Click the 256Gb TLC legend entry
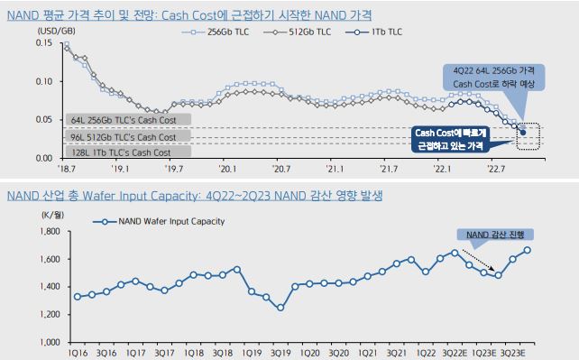pyautogui.click(x=216, y=32)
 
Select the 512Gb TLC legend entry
pyautogui.click(x=298, y=32)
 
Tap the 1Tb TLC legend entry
pyautogui.click(x=373, y=32)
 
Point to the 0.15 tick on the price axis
pyautogui.click(x=44, y=42)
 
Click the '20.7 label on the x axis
pyautogui.click(x=280, y=169)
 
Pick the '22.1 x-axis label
pyautogui.click(x=442, y=169)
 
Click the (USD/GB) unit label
pyautogui.click(x=57, y=31)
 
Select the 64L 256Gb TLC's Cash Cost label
pyautogui.click(x=124, y=120)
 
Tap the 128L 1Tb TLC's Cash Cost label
pyautogui.click(x=121, y=152)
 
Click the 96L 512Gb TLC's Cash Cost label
pyautogui.click(x=124, y=137)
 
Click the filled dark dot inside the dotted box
pyautogui.click(x=523, y=133)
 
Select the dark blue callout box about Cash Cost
pyautogui.click(x=450, y=139)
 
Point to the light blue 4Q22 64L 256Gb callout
pyautogui.click(x=493, y=78)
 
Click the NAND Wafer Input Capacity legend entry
pyautogui.click(x=159, y=222)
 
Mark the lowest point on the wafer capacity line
pyautogui.click(x=280, y=307)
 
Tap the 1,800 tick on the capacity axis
pyautogui.click(x=50, y=232)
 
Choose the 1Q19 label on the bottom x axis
pyautogui.click(x=252, y=354)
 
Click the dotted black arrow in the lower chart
pyautogui.click(x=479, y=261)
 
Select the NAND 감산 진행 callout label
pyautogui.click(x=495, y=235)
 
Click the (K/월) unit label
pyautogui.click(x=52, y=215)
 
